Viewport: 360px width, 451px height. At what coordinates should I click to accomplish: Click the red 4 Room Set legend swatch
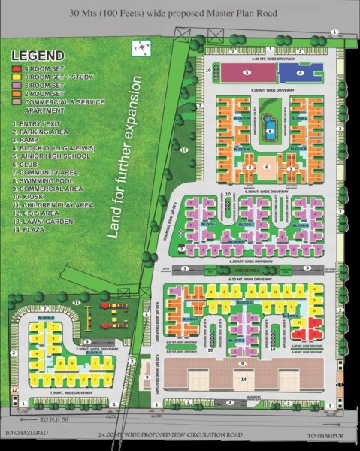tap(17, 69)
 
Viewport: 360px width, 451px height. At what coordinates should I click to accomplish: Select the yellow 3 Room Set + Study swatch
tap(17, 77)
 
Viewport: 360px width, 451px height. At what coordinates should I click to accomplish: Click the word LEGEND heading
tap(37, 56)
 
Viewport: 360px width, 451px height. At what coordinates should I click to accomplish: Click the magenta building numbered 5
tap(245, 72)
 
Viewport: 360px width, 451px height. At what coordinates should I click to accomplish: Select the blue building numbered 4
tap(300, 73)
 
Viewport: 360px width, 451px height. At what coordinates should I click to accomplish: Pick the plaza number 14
tap(244, 380)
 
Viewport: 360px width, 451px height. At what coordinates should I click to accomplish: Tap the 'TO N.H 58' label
tap(56, 419)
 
